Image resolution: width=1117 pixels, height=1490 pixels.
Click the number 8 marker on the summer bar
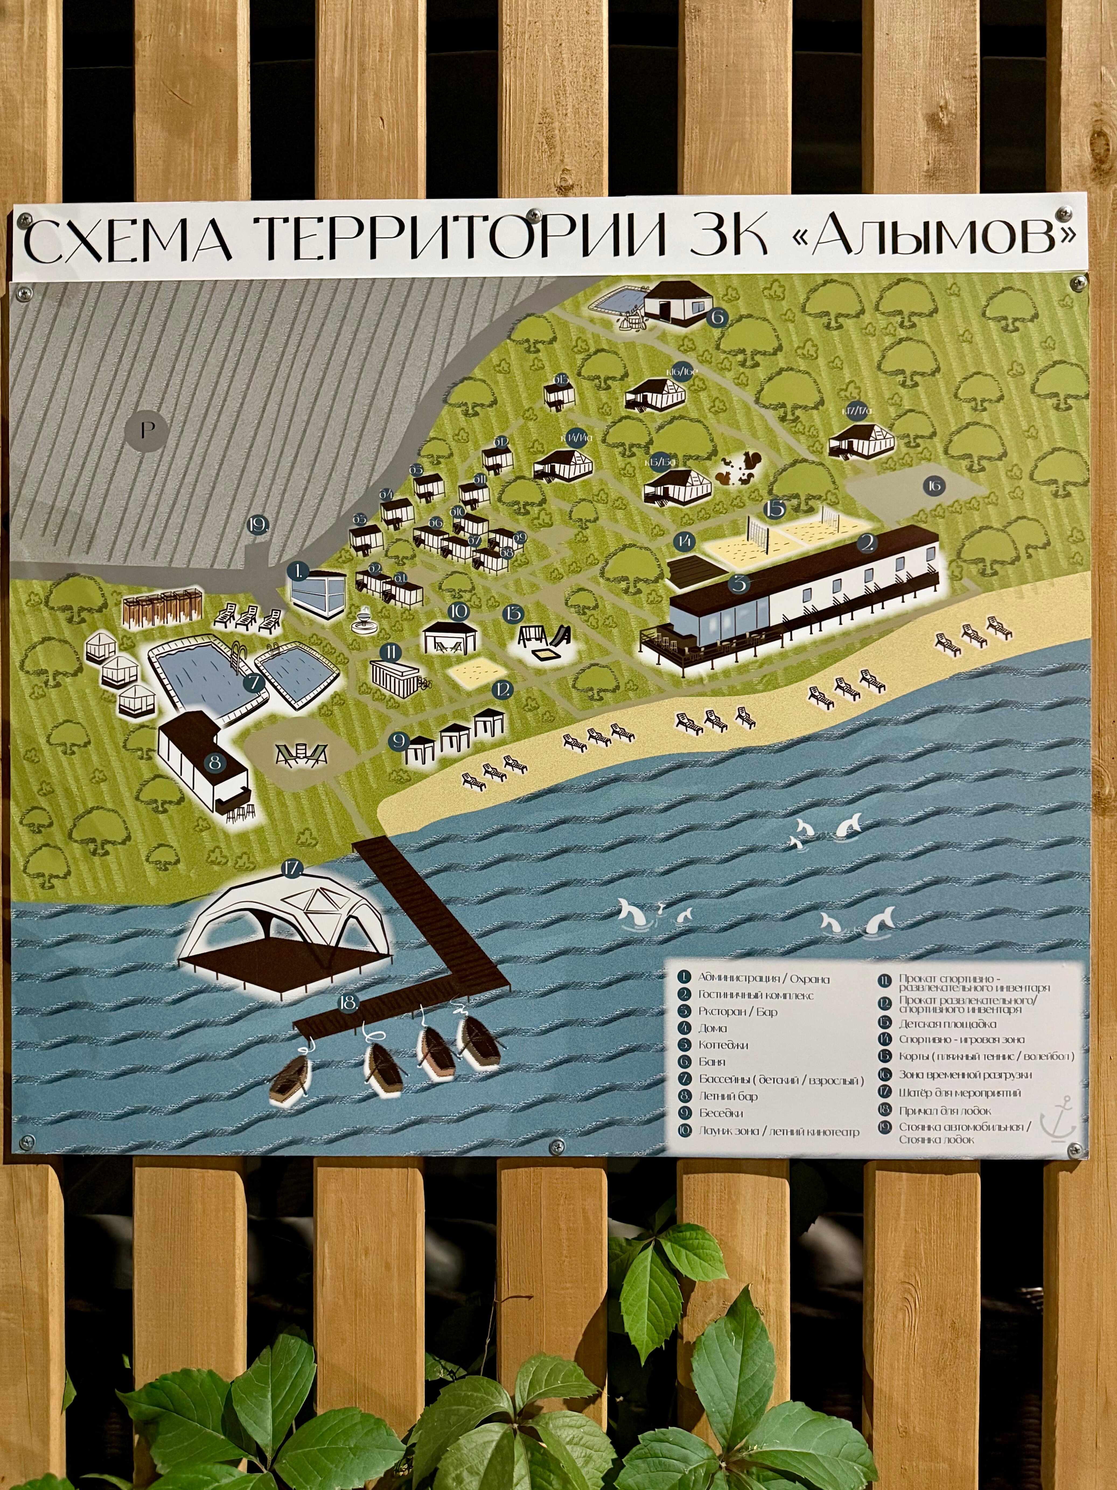tap(215, 763)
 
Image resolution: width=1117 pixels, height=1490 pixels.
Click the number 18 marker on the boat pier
tap(348, 1004)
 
